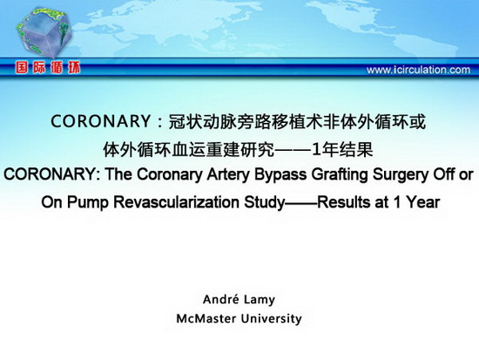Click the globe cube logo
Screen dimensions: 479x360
point(44,32)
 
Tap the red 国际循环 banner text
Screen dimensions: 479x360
point(48,68)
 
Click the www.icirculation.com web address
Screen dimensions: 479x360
point(418,70)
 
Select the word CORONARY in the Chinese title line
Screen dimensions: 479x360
point(100,121)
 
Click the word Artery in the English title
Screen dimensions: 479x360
point(228,174)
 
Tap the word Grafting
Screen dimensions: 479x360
point(340,175)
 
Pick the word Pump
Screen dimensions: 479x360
point(88,202)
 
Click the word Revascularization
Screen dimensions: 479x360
point(176,202)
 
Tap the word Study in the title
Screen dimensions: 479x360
point(264,202)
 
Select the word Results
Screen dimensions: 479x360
point(344,202)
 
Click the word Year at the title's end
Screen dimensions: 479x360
point(422,202)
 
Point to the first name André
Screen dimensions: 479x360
point(221,299)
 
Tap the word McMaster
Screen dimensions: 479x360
point(206,319)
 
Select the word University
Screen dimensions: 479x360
point(271,319)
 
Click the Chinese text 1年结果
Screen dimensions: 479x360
point(342,150)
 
